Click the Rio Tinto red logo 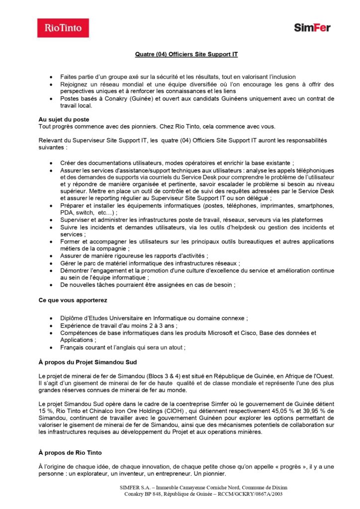click(63, 28)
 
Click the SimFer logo click(312, 28)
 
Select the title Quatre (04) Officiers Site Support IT click(186, 54)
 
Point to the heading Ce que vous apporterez click(73, 300)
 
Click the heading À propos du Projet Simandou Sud click(88, 362)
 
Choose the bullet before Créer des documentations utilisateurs click(52, 163)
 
